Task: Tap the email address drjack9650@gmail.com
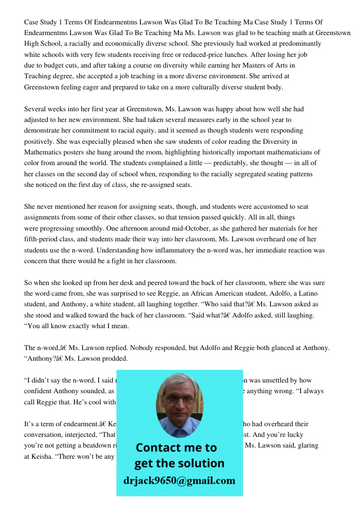179,481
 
